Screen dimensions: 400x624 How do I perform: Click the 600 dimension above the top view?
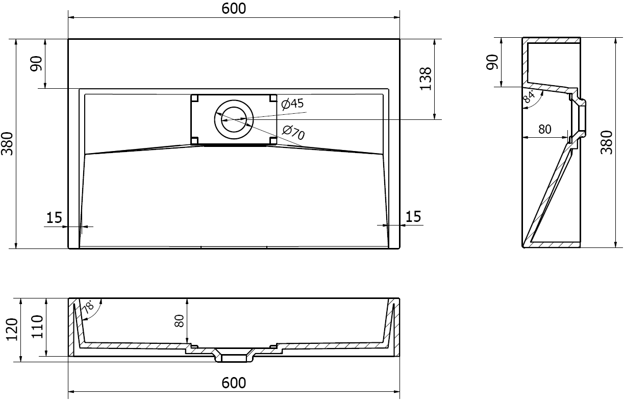(x=234, y=9)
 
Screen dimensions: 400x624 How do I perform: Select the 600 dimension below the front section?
(x=234, y=383)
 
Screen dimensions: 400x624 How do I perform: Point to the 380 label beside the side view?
(x=607, y=143)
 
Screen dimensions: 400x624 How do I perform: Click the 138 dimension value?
(x=427, y=79)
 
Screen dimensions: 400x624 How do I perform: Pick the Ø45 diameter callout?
(x=293, y=104)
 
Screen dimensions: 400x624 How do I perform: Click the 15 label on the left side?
(x=54, y=218)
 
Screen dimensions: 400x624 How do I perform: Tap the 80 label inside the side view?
(x=545, y=130)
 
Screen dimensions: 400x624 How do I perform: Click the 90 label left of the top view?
(x=36, y=64)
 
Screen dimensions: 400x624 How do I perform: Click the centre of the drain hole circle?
(x=234, y=119)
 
